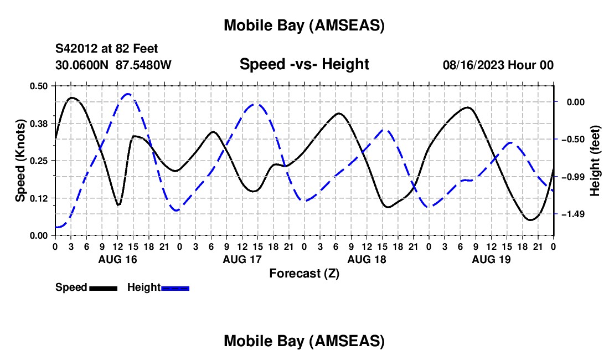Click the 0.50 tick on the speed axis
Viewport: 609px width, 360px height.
(39, 85)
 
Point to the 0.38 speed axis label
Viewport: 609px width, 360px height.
(39, 123)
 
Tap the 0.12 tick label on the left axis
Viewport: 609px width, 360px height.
(39, 198)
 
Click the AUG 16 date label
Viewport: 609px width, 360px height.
(117, 259)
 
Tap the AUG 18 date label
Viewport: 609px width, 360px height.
(366, 259)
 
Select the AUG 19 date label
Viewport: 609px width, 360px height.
(491, 259)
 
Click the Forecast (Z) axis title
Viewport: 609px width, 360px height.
(304, 273)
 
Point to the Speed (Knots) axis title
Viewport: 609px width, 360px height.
(20, 161)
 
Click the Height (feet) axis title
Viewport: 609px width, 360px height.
(595, 161)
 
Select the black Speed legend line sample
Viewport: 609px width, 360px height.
(102, 287)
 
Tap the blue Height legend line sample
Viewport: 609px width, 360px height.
(176, 287)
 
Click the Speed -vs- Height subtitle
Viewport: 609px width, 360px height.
(304, 64)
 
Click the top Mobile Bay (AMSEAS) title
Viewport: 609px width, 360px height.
(304, 25)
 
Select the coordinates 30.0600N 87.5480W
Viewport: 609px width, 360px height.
(113, 65)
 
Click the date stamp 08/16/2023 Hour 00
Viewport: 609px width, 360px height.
(498, 65)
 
